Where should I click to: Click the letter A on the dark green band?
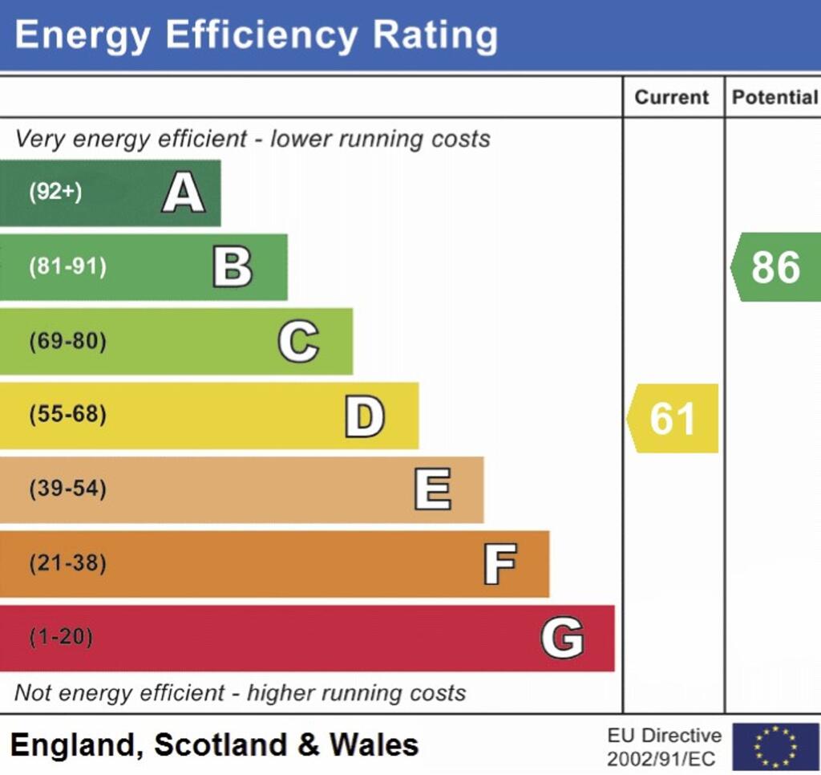(x=183, y=193)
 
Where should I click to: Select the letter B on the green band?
(x=233, y=267)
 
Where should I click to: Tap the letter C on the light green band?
(x=298, y=342)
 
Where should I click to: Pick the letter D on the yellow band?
(x=365, y=416)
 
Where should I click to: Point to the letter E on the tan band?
(x=432, y=489)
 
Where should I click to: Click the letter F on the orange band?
(x=499, y=564)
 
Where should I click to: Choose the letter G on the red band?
(x=562, y=638)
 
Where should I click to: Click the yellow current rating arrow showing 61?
(x=673, y=418)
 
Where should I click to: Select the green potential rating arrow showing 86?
(x=775, y=267)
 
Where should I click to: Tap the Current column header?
(x=672, y=97)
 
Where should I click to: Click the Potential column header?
(x=774, y=97)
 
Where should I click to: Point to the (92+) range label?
(x=55, y=193)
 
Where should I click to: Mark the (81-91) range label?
(x=67, y=267)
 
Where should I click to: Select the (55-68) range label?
(x=67, y=416)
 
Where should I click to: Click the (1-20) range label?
(x=61, y=638)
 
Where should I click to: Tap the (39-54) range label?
(x=67, y=489)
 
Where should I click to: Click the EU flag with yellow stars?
(x=775, y=746)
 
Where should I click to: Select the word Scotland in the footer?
(x=220, y=745)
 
